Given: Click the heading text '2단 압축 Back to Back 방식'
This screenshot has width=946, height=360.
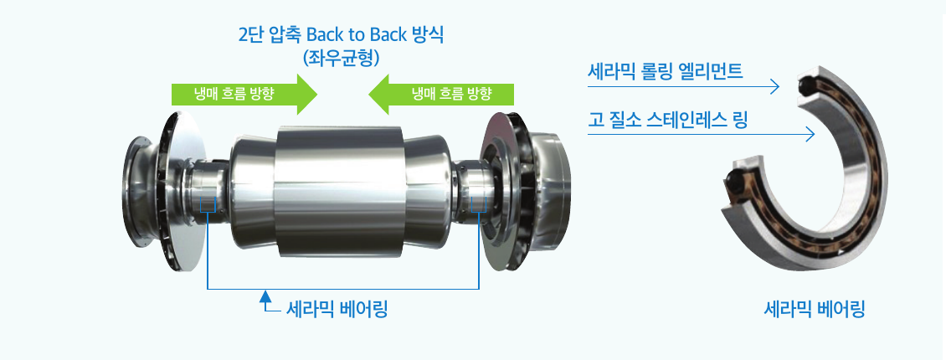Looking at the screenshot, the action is point(342,34).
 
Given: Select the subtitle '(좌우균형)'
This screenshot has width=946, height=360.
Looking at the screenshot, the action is point(342,58).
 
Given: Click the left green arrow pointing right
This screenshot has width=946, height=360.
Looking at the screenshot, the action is point(244,94).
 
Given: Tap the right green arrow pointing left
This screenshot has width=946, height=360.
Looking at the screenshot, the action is point(440,94).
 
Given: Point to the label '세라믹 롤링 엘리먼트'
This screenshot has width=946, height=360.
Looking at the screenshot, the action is point(665,72).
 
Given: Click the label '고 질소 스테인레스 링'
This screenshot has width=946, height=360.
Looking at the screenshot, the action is point(668,120).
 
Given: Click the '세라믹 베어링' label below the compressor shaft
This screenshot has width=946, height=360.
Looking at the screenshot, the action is point(336,311).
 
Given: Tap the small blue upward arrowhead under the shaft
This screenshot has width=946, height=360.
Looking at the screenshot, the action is point(264,296).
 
